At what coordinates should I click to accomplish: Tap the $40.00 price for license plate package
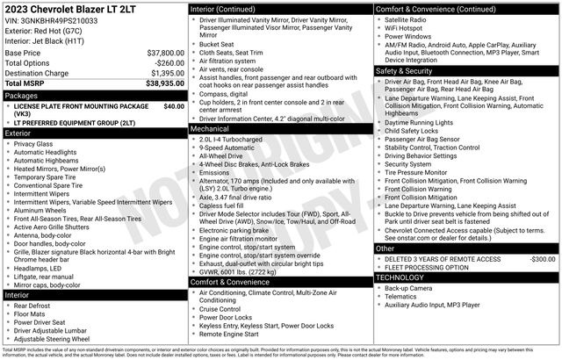click(174, 106)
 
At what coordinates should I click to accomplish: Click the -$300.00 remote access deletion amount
click(542, 260)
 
